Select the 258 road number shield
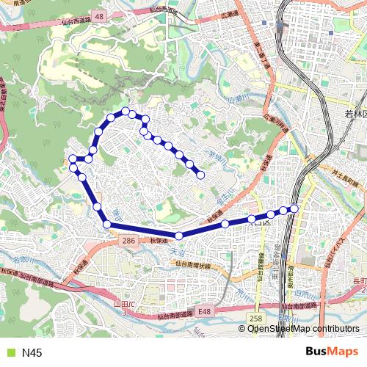click(x=255, y=318)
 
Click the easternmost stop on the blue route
click(x=294, y=208)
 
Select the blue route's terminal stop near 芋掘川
click(x=200, y=175)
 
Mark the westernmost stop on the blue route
click(x=72, y=159)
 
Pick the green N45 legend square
click(x=10, y=353)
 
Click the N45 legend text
click(x=32, y=353)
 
